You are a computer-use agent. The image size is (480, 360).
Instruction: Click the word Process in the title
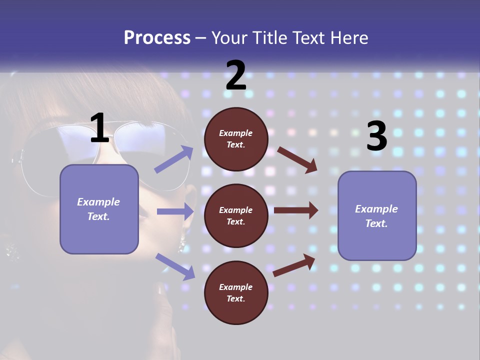157,37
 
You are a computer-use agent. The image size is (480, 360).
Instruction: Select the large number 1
99,128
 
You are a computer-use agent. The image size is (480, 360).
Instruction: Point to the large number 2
236,76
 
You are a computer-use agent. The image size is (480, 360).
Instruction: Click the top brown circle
236,139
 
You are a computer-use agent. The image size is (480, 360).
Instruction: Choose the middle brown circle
236,215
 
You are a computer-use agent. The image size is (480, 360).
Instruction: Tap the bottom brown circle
236,292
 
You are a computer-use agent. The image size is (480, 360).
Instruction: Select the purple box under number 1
99,209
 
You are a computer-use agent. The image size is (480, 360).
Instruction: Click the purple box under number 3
377,215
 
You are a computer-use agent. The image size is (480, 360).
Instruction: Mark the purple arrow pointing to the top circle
174,159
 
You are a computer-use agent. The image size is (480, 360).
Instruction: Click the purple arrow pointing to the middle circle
175,211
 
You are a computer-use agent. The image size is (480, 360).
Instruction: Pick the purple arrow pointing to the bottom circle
175,266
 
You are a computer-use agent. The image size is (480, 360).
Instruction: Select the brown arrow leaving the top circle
297,159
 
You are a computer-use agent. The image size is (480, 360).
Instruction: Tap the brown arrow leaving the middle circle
296,210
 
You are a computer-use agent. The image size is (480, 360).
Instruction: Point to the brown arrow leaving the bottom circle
294,265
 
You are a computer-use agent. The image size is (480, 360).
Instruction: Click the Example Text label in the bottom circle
236,292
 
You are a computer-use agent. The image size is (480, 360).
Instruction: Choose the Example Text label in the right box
376,216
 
